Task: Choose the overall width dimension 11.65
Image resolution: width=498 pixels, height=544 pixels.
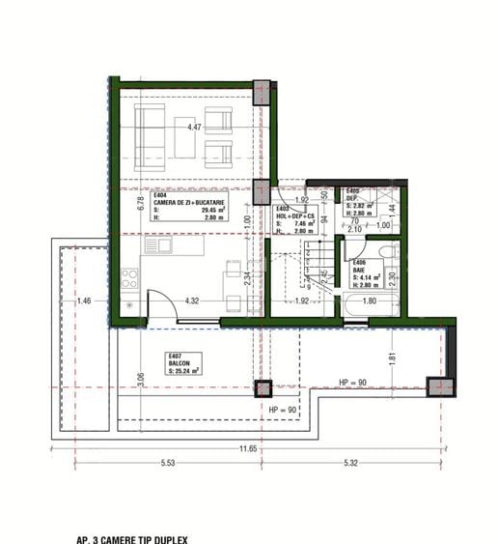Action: [249, 449]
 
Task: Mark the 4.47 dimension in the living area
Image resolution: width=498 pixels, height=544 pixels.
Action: [194, 127]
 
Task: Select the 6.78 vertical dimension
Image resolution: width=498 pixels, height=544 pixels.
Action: [114, 203]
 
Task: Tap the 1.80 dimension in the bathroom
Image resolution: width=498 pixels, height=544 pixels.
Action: [370, 301]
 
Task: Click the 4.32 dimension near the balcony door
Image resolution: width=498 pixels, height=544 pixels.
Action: [192, 301]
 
